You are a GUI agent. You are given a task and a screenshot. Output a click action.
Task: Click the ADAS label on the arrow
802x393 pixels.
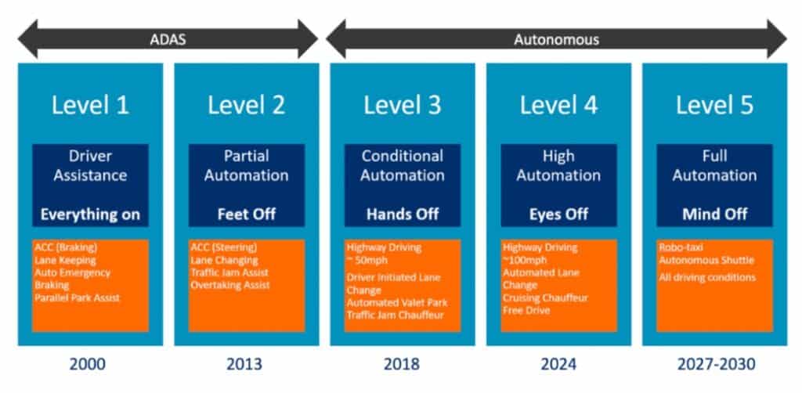(168, 40)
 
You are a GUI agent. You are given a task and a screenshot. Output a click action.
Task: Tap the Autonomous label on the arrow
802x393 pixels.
(557, 40)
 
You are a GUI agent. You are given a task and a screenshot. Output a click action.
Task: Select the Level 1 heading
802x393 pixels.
(90, 105)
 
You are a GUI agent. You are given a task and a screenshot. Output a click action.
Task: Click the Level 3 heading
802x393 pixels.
(402, 105)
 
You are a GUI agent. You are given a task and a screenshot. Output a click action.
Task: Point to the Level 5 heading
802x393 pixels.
(714, 105)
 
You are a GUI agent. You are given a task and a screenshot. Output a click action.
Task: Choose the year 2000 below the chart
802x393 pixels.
(88, 364)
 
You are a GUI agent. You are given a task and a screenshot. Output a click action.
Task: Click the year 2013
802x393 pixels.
(244, 364)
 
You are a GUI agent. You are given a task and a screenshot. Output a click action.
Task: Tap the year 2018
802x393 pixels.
(402, 364)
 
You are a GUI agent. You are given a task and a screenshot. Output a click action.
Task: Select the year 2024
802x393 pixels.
(558, 364)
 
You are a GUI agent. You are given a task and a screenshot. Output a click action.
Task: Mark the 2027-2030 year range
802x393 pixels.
(716, 364)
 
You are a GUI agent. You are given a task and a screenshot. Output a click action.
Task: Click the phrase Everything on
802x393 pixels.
(90, 215)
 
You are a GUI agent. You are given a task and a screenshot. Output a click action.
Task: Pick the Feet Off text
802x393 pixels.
(247, 215)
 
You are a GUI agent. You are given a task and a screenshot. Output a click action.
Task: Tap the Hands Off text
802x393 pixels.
(403, 215)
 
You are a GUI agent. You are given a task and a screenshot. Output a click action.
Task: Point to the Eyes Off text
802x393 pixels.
(558, 215)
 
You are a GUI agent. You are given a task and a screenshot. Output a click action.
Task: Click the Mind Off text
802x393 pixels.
(714, 215)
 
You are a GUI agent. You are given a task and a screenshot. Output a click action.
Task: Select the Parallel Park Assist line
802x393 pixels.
(78, 297)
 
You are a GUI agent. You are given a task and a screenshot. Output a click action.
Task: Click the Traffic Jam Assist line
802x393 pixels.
(229, 272)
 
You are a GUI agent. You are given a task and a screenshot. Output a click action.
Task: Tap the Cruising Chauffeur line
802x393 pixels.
(545, 297)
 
